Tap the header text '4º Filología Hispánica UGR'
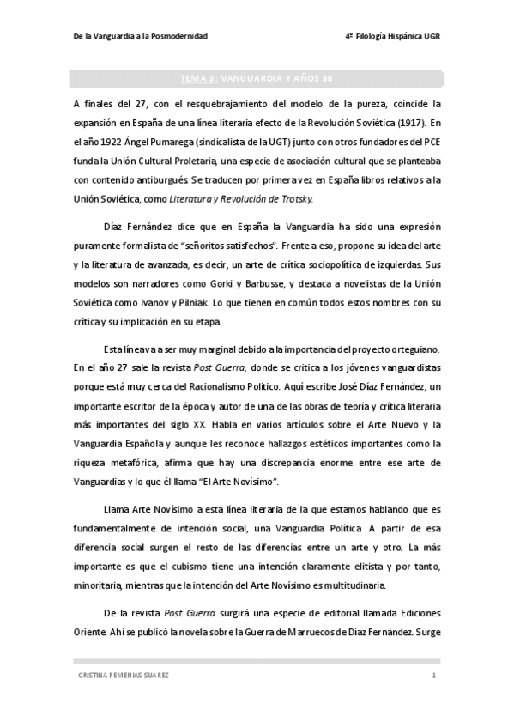(391, 35)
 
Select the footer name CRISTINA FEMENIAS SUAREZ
(122, 676)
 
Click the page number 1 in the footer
(434, 676)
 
